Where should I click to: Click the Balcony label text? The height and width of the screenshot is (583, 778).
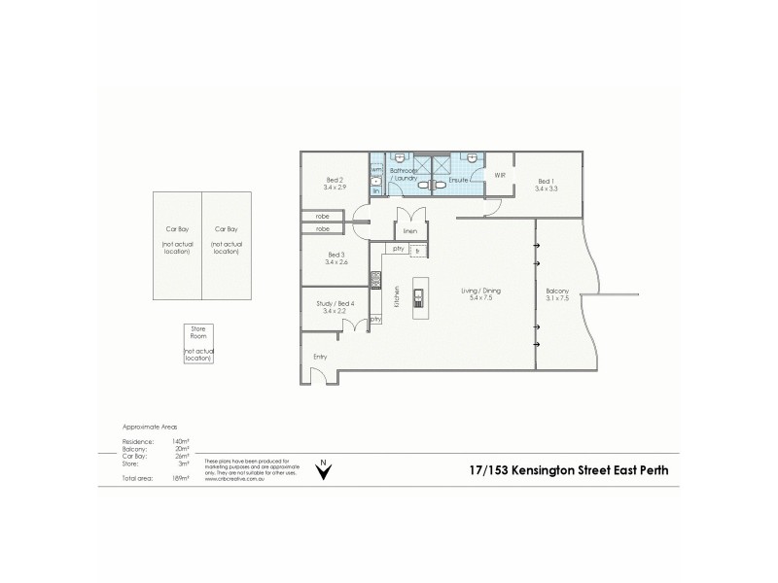(557, 293)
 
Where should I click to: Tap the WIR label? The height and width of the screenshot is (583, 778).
(499, 176)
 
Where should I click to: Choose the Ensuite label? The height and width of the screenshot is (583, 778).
(459, 181)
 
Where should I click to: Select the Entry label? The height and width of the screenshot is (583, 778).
(319, 357)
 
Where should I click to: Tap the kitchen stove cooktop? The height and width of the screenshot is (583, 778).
(373, 281)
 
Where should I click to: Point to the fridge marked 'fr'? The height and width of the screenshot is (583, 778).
(417, 250)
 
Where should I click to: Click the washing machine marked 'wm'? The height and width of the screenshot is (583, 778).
(376, 169)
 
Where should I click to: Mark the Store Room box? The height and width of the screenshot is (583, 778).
(197, 344)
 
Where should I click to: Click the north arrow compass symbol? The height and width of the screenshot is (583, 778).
(325, 468)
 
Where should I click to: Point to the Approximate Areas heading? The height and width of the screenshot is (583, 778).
(149, 427)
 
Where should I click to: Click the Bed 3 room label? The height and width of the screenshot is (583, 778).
(335, 257)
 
